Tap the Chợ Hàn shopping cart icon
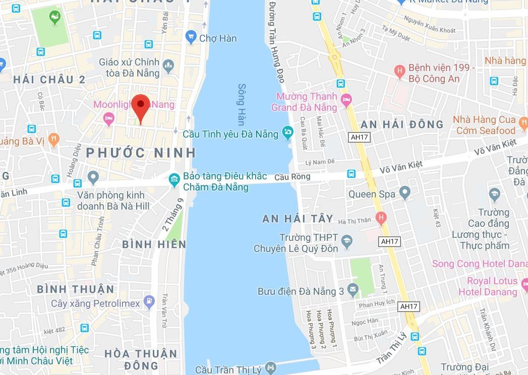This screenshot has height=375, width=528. coord(190,36)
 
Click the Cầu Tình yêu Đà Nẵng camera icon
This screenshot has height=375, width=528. coord(287,133)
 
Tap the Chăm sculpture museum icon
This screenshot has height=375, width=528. coord(174,180)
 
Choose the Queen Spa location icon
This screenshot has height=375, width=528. coord(404,193)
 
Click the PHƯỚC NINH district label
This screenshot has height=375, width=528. coord(141,152)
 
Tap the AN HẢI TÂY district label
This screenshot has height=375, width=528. coord(298,218)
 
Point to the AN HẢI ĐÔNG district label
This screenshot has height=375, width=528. coord(402,124)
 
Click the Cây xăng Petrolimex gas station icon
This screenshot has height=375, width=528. coord(149,302)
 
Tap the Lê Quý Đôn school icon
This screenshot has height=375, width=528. coord(346,242)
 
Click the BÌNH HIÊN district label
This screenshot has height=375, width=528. coord(154,244)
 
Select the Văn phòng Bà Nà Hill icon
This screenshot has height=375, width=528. coord(92,177)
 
